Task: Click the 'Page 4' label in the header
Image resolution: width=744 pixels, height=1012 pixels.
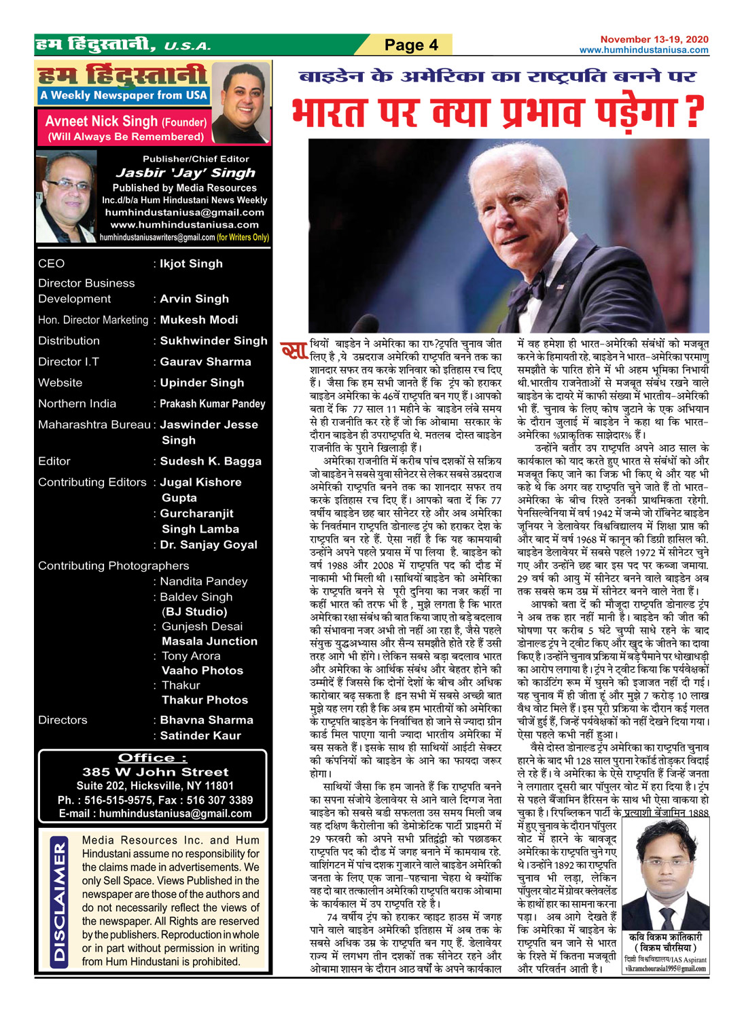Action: click(x=411, y=46)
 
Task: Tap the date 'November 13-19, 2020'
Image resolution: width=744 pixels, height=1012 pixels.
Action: click(x=654, y=39)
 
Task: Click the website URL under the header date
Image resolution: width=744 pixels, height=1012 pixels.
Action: click(x=643, y=50)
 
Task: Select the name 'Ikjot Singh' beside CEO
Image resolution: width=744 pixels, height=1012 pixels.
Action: click(x=191, y=264)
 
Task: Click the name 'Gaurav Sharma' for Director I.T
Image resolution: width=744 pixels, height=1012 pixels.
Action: click(x=205, y=362)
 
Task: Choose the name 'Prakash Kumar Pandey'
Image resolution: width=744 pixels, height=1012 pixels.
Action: click(x=212, y=404)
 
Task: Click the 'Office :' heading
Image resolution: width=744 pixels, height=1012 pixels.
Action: click(x=153, y=757)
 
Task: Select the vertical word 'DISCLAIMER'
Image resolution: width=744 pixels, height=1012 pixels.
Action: click(x=60, y=901)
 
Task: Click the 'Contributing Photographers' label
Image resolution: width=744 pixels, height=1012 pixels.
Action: click(x=113, y=566)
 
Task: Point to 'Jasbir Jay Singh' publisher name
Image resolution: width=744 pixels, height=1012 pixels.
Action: click(x=185, y=173)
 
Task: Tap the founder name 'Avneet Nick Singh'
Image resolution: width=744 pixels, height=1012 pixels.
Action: click(x=101, y=122)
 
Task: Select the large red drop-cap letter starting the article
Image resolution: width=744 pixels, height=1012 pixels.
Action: click(x=294, y=352)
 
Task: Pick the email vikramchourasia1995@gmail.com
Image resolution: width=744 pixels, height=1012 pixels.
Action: click(x=665, y=969)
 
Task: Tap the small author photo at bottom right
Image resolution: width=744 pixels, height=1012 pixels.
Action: click(x=665, y=884)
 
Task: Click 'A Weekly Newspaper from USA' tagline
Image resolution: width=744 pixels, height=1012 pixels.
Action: click(x=123, y=96)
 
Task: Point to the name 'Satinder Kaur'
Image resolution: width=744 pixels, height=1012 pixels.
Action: click(x=200, y=736)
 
